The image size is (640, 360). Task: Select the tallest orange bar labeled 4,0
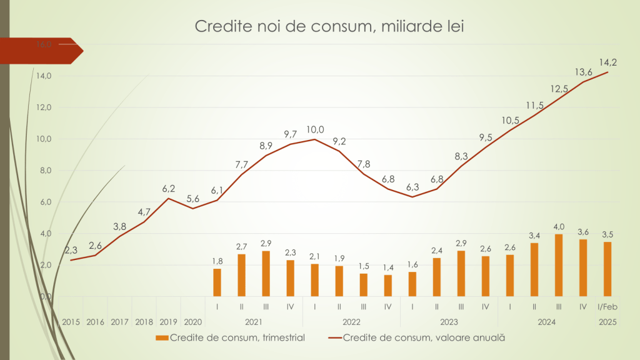pos(559,266)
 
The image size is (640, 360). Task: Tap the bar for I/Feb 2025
pos(607,269)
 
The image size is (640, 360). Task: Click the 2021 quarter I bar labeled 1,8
pos(217,282)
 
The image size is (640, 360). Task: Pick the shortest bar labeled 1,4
pos(387,286)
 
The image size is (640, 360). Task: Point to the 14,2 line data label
pos(608,62)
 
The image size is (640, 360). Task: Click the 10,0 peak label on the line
pos(315,129)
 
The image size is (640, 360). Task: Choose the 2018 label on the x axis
pos(144,322)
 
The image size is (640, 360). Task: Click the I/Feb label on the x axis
pos(607,307)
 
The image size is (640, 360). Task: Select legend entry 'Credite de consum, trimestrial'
pos(230,337)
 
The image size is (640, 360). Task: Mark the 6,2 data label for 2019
pos(169,187)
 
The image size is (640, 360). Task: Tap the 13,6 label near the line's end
pos(584,71)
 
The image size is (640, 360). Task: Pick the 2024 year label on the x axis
pos(546,322)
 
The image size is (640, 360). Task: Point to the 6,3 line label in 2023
pos(412,187)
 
